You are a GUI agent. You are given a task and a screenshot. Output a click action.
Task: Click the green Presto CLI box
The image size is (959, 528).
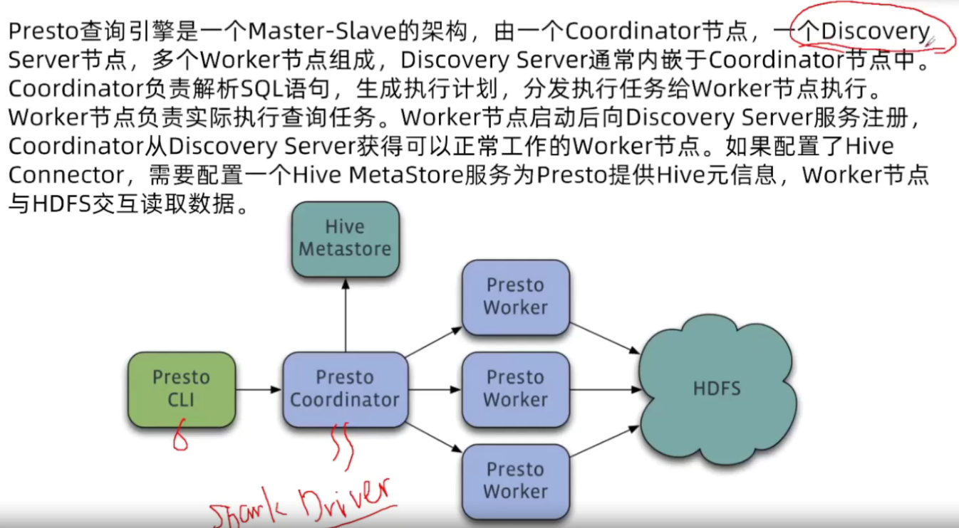[x=182, y=389]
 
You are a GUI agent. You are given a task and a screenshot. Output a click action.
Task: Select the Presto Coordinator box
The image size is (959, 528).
[x=345, y=389]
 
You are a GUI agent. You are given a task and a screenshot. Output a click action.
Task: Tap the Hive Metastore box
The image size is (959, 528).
[x=346, y=238]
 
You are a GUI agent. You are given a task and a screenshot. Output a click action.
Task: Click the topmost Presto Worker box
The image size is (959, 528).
[x=515, y=297]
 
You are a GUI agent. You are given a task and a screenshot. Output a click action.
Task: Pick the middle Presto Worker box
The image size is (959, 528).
[x=515, y=389]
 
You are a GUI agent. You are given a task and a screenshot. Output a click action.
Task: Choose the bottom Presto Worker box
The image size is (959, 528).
[x=515, y=481]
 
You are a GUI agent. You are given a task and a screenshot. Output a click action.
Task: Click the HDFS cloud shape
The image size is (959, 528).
[x=715, y=389]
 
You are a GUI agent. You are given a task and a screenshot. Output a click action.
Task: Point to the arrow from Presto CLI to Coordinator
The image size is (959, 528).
[x=258, y=389]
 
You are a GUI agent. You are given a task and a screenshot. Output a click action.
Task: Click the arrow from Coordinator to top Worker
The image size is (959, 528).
[x=435, y=342]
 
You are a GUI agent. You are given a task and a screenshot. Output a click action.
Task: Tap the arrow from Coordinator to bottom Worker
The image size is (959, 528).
[x=435, y=435]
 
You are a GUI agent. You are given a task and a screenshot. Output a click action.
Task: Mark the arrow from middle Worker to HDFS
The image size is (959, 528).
[x=606, y=389]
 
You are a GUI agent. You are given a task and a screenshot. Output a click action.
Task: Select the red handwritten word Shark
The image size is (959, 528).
[x=242, y=511]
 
